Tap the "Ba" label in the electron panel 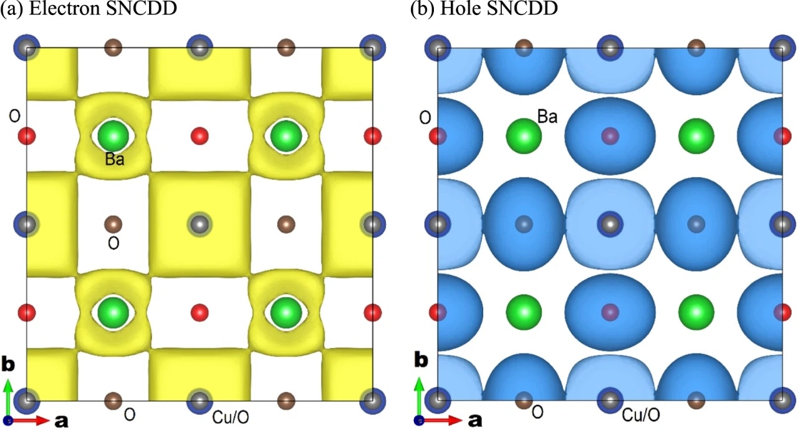pos(114,160)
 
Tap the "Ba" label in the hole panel pos(547,116)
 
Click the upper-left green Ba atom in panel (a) pos(113,135)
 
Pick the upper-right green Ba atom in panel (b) pos(696,135)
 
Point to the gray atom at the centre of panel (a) pos(199,223)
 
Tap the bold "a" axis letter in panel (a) pos(60,421)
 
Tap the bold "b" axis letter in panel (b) pos(421,360)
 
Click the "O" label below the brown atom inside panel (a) pos(113,243)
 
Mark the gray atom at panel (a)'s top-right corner pos(372,47)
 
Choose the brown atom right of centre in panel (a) pos(286,223)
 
